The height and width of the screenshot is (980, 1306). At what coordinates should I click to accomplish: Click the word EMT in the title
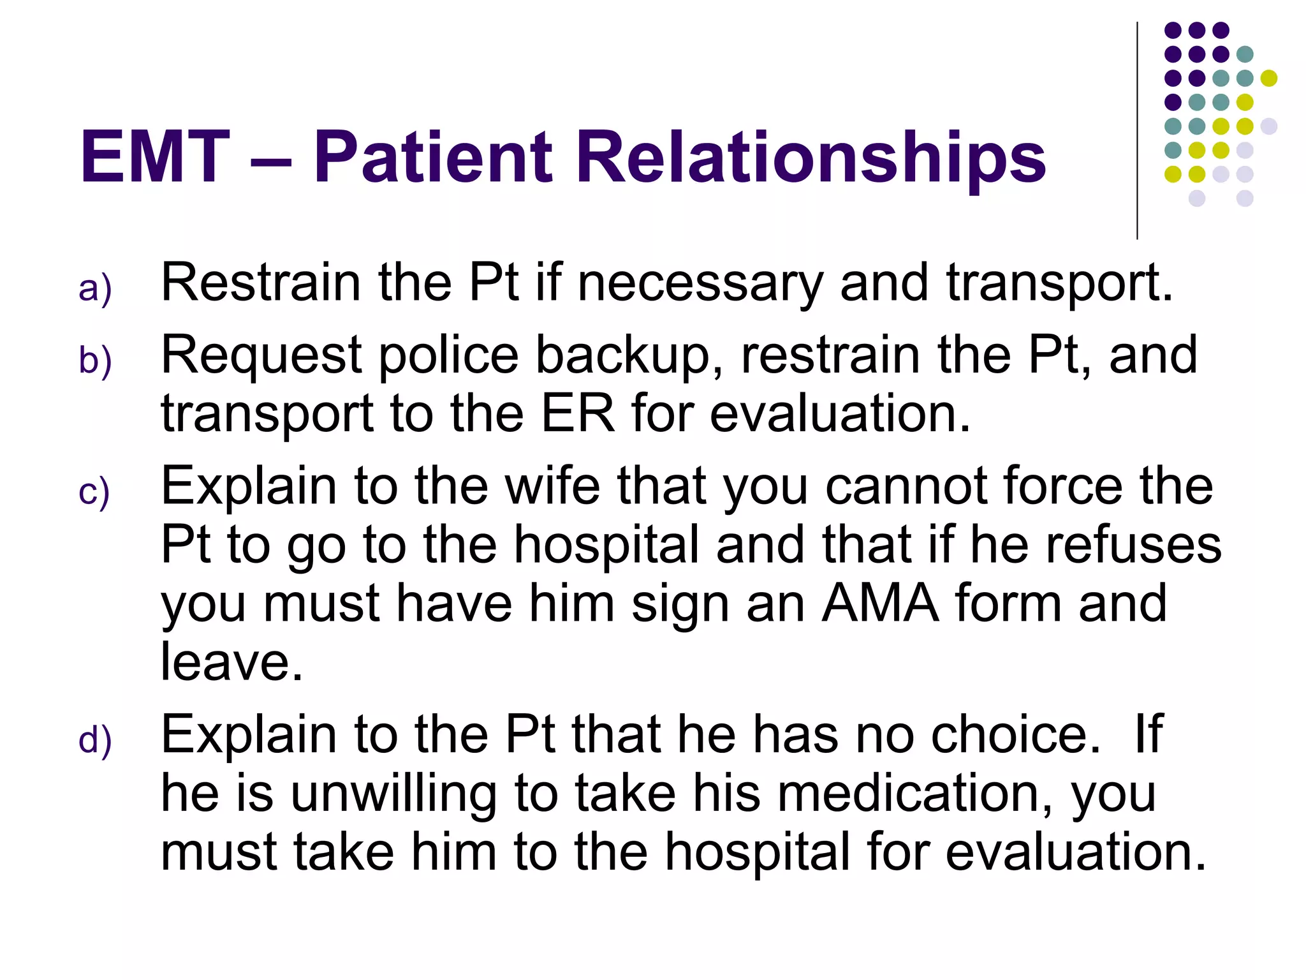[x=154, y=157]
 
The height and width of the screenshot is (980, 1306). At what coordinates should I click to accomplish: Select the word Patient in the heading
[x=433, y=157]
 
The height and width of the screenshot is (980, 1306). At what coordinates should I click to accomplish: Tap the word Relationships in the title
[x=811, y=157]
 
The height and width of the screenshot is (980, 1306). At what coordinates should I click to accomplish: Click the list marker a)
[x=95, y=288]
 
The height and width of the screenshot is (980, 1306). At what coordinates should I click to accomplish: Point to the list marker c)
[x=94, y=493]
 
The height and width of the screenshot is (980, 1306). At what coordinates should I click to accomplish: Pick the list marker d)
[x=95, y=741]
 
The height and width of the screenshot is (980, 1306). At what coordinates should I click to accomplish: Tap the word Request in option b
[x=261, y=355]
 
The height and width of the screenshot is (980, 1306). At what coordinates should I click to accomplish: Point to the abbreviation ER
[x=578, y=413]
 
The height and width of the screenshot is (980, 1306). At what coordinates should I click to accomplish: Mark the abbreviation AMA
[x=880, y=603]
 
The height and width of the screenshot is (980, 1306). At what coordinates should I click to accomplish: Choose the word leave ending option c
[x=231, y=662]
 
